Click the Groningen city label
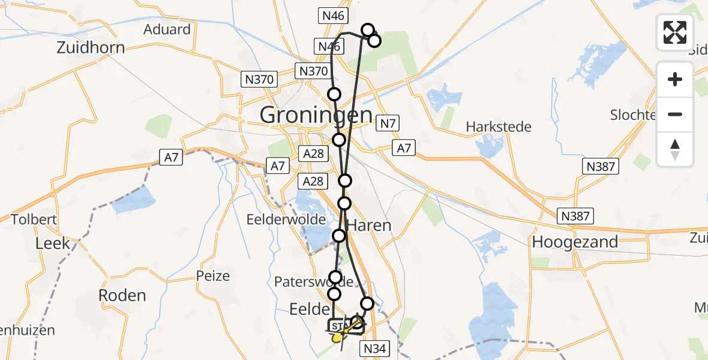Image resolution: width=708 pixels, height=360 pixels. coord(316,115)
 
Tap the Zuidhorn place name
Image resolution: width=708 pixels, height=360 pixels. coord(91,48)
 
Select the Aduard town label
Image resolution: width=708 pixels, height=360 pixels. coord(167,29)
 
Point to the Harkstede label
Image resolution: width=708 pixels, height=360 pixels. coord(499,127)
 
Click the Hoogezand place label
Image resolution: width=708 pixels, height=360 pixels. coord(575,242)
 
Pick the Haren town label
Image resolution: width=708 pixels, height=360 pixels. coord(370,226)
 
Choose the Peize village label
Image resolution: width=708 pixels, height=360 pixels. coord(213,276)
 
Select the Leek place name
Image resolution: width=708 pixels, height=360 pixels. coord(53,244)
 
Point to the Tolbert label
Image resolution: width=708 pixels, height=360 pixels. coord(34,220)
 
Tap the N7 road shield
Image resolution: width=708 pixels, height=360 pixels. coord(388,124)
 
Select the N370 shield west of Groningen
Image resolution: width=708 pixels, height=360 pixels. coord(259,79)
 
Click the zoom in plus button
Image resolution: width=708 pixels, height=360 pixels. coord(675,79)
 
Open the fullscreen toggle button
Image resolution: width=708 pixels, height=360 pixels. coord(675,32)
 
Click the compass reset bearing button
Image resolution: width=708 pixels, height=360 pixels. coord(675,149)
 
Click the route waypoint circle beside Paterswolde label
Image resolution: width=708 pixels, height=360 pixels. coord(335,278)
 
